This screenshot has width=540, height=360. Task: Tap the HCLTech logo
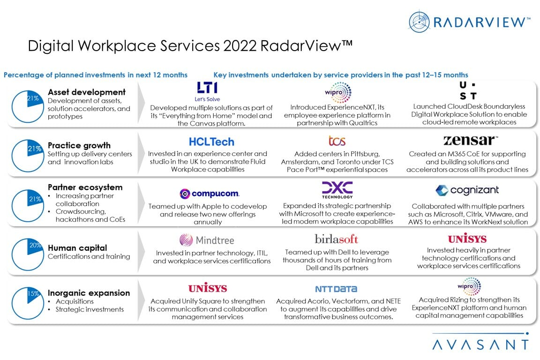211,142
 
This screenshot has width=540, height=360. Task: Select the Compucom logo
209,193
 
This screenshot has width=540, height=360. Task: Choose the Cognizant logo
467,190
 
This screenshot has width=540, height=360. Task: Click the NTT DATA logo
336,289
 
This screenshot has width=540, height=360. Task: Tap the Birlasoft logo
336,239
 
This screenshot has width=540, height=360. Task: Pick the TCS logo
337,141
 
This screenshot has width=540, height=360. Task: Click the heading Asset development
87,92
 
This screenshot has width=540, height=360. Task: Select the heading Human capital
77,248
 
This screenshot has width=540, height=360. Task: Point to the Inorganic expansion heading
89,293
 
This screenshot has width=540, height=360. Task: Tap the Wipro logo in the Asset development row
337,92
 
